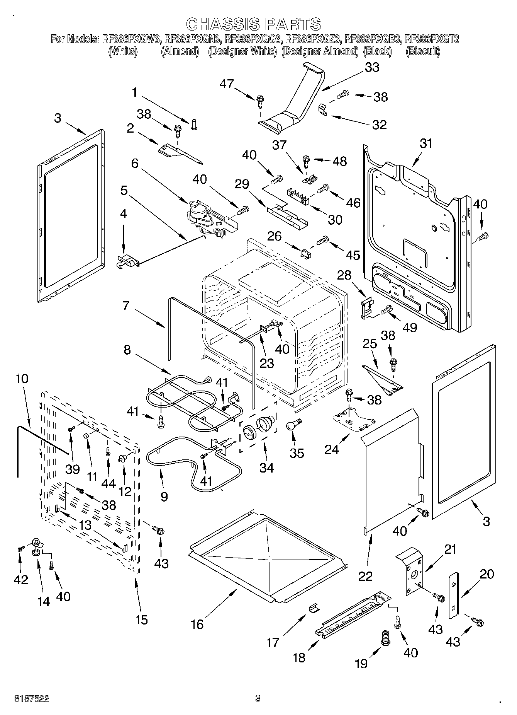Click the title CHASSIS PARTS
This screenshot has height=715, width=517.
253,24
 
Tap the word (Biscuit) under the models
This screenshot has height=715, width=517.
423,51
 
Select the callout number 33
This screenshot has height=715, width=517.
371,67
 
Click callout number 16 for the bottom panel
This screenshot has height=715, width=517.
197,624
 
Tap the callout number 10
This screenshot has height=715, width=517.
22,378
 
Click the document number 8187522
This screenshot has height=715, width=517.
32,698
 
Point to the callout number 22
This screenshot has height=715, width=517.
365,576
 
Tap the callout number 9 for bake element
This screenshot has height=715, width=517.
164,496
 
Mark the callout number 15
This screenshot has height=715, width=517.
142,619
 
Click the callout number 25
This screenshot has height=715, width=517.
370,343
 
